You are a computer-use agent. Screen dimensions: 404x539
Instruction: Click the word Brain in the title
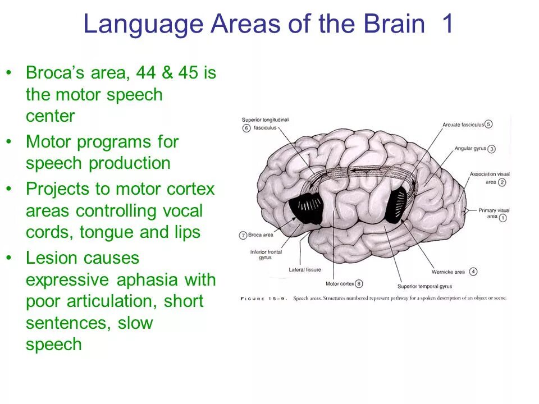pos(393,25)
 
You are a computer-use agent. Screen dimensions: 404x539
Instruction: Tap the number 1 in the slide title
pos(447,25)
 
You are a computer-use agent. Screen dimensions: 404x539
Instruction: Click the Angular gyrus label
pos(470,149)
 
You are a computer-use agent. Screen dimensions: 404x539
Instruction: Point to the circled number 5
pos(488,124)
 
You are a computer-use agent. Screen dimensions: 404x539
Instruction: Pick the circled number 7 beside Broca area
pos(243,235)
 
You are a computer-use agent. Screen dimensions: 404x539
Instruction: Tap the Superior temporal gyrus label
pos(424,286)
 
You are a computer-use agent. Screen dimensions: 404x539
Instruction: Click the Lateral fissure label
pos(305,270)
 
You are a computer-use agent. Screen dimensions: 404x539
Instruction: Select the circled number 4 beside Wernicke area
pos(473,272)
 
